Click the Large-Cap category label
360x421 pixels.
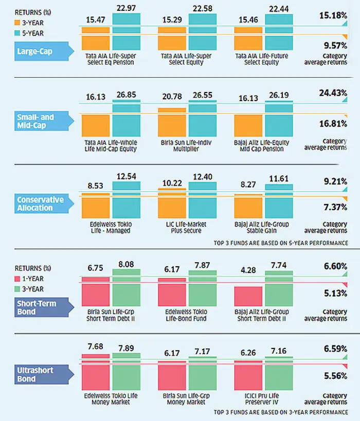tap(34, 51)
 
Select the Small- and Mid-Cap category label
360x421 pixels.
tap(34, 121)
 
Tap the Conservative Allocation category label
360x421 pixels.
tap(34, 204)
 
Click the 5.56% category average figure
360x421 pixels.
tap(333, 376)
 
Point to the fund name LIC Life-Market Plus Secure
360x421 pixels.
tap(187, 228)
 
